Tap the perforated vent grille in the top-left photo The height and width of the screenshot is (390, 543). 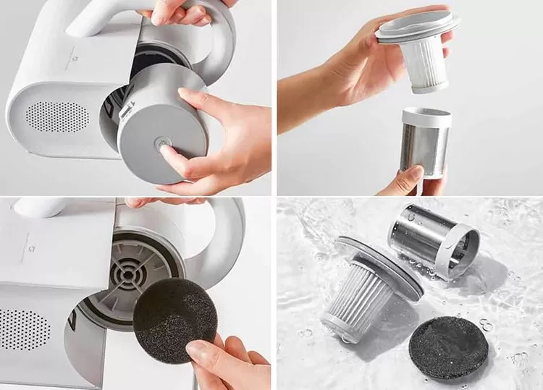coord(58,116)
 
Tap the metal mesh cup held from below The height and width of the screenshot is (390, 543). coord(426,148)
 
